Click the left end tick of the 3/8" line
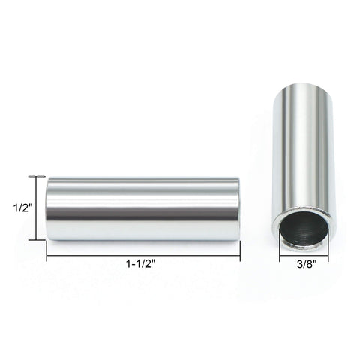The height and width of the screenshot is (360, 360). (x=280, y=256)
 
